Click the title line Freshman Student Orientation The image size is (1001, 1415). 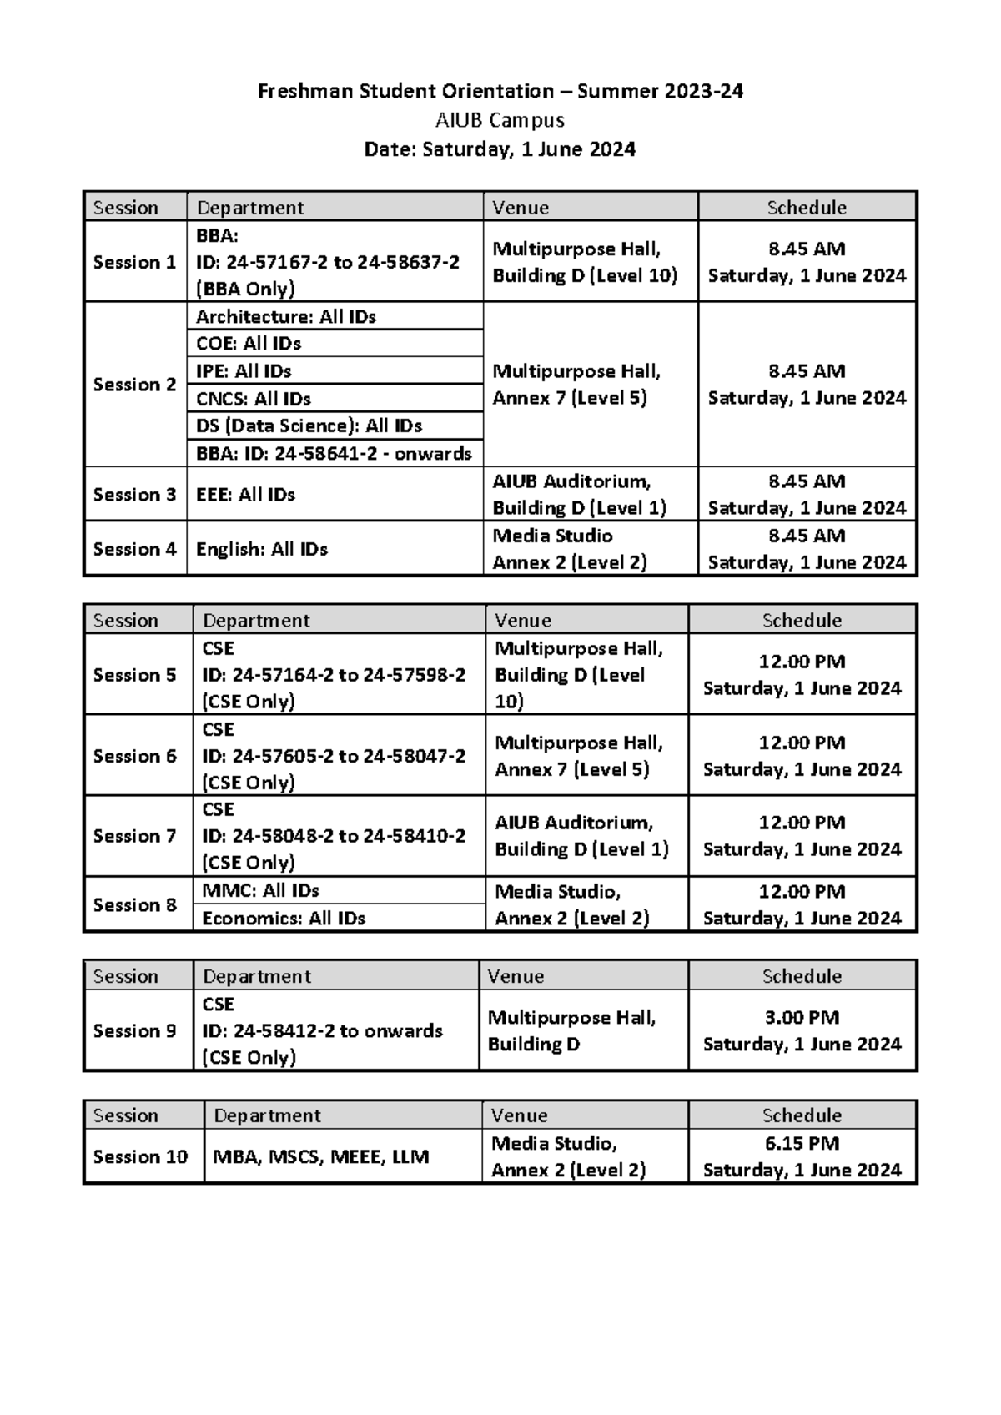[x=500, y=91]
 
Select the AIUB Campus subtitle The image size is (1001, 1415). [x=500, y=120]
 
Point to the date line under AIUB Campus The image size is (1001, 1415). [x=500, y=149]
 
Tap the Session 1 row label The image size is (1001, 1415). [x=134, y=262]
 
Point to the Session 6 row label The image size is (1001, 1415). [x=134, y=756]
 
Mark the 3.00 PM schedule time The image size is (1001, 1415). [x=802, y=1018]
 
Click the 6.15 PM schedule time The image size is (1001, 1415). [x=802, y=1143]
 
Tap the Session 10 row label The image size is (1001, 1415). [x=140, y=1157]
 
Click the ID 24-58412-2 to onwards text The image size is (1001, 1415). [x=322, y=1031]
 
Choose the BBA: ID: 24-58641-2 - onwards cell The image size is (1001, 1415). [x=334, y=454]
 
